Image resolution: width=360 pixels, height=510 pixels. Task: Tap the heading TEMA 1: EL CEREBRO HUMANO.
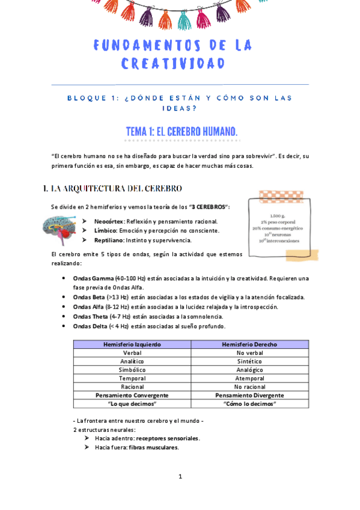click(x=182, y=131)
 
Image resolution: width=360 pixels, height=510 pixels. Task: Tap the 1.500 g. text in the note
click(x=277, y=215)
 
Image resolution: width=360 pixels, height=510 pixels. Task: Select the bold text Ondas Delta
click(x=90, y=326)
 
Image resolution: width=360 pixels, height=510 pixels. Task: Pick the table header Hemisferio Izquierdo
click(x=132, y=344)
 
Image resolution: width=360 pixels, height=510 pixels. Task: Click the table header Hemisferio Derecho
click(x=249, y=344)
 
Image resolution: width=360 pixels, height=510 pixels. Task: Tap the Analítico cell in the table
click(x=132, y=361)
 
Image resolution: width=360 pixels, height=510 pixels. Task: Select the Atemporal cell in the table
click(x=249, y=378)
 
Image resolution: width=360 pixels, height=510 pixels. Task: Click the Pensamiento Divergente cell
click(x=249, y=395)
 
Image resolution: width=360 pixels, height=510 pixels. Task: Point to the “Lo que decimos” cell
click(x=132, y=404)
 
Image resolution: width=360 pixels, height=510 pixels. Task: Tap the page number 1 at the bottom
click(x=180, y=477)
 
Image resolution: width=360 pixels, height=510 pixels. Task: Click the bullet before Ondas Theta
click(x=64, y=316)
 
